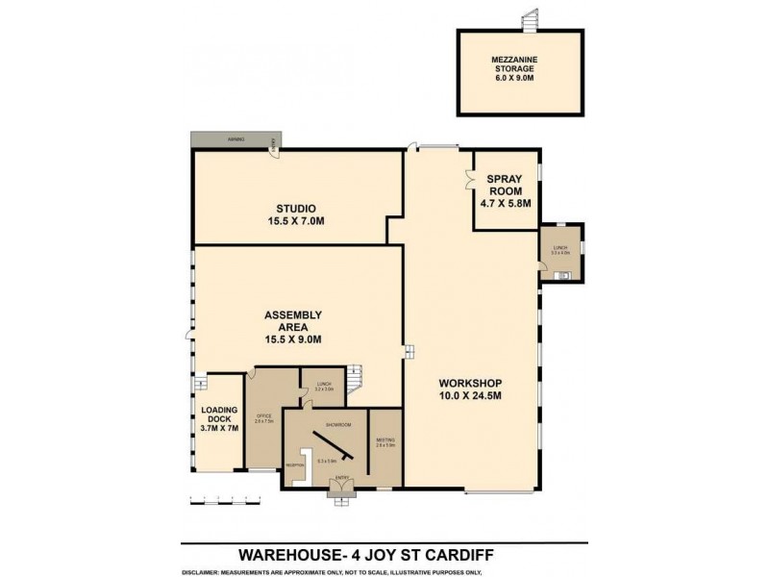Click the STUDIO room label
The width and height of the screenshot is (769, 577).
click(x=296, y=214)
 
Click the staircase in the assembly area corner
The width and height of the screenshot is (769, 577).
click(x=357, y=378)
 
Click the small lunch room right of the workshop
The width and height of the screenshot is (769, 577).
click(x=559, y=252)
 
